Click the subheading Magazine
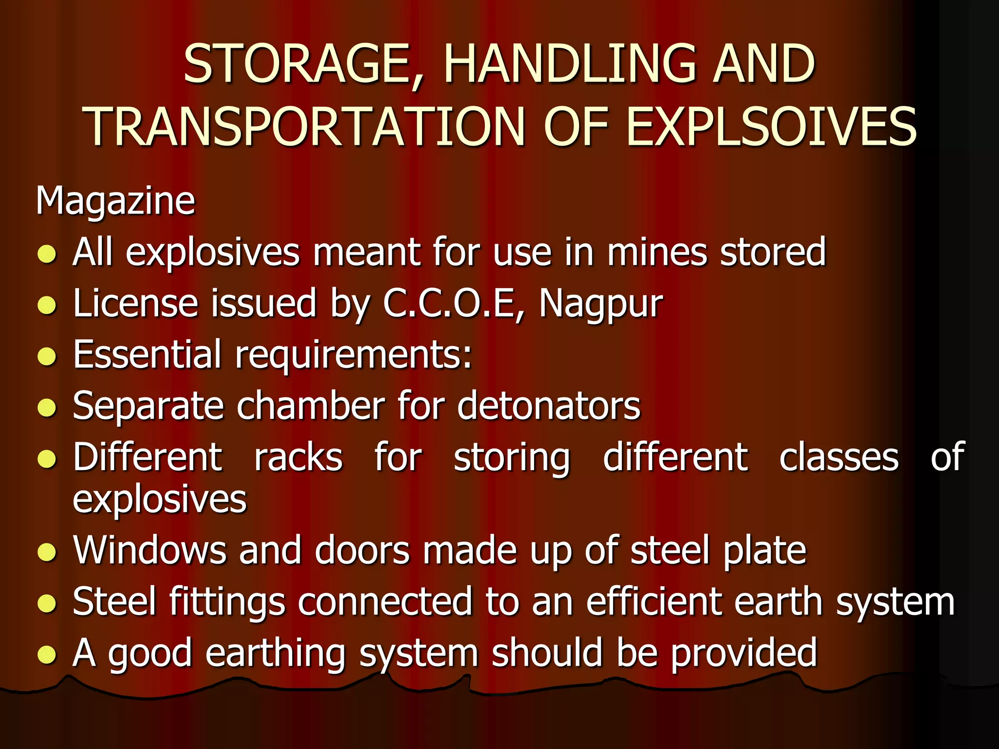115,200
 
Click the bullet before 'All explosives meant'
47,254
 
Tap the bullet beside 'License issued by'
47,305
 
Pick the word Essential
147,355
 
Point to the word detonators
548,406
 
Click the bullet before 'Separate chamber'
47,408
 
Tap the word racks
298,457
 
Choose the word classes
839,457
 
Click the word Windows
149,551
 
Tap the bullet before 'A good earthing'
47,655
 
